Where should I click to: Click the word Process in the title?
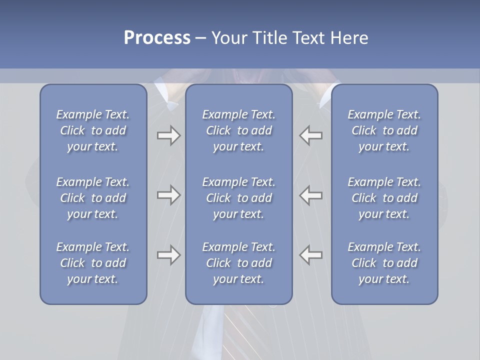157,38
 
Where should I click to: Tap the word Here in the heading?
349,38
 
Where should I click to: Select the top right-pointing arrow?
168,135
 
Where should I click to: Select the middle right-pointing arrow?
168,195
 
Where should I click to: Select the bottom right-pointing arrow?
168,255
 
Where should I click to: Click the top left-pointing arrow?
311,135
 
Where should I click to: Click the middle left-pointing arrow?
311,195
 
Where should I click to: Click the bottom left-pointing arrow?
311,255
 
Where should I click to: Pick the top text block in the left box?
93,130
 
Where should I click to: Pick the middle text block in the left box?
93,198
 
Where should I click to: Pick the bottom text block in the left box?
93,263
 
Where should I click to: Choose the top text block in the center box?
239,130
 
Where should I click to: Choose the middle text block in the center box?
239,198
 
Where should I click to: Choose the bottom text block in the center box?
239,263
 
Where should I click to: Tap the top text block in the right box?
384,130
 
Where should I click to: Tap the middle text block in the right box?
384,198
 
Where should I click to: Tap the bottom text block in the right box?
384,263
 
